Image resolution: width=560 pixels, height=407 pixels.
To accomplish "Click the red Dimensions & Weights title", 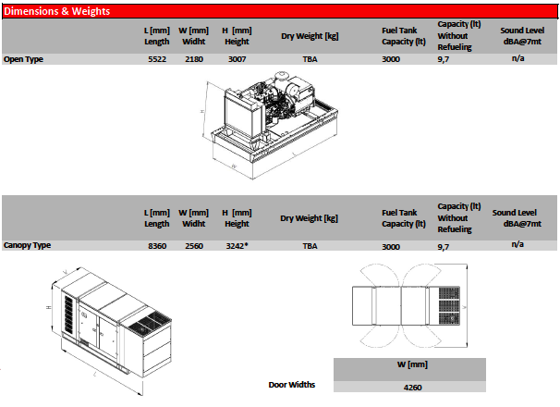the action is (x=56, y=11).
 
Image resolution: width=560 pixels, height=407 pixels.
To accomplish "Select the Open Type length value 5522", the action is (x=157, y=59).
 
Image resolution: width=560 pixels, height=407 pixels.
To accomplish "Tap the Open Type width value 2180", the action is (x=194, y=59).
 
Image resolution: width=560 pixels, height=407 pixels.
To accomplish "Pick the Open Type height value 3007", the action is (x=237, y=59).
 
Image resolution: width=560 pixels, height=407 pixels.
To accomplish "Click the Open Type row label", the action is (x=23, y=59).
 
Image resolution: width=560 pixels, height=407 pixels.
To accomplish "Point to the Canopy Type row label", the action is (x=27, y=245).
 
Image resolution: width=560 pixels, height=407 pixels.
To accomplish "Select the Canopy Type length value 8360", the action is (x=157, y=246).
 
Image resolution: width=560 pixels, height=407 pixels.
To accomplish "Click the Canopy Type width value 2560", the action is (x=194, y=246).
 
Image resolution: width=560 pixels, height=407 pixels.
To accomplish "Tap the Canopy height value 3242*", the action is (x=237, y=246).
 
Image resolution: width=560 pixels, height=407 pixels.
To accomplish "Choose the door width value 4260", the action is (x=412, y=388).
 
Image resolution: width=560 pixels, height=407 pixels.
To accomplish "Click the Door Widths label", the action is (x=292, y=385).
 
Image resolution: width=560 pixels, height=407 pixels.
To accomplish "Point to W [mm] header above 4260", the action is (x=412, y=364).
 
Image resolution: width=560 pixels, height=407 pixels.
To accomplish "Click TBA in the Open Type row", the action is (x=310, y=59).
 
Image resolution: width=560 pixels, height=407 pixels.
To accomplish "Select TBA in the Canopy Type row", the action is (x=310, y=246).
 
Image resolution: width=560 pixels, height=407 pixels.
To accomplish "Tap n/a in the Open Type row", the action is (x=517, y=58).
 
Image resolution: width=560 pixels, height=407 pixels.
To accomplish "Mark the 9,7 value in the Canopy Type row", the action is (x=444, y=247).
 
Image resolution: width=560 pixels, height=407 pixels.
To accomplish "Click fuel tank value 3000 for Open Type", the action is (x=391, y=59).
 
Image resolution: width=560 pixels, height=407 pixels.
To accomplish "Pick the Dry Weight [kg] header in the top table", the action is (x=310, y=36).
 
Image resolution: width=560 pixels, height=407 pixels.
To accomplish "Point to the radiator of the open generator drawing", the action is (x=239, y=115).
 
